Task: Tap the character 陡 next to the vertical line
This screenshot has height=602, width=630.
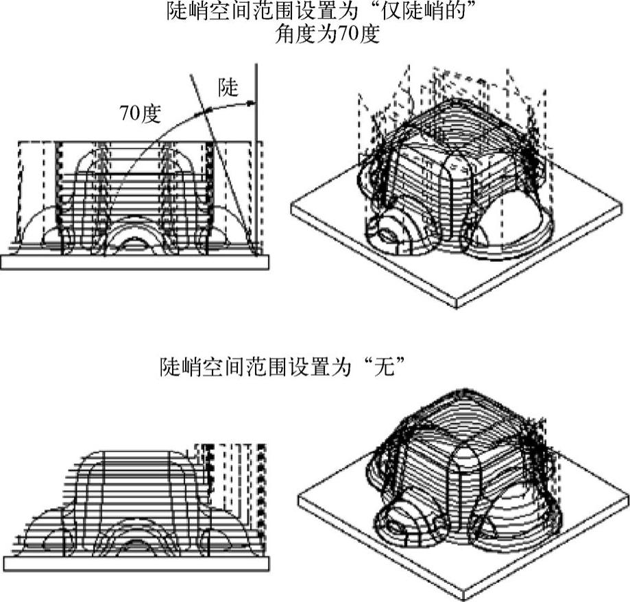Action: point(228,87)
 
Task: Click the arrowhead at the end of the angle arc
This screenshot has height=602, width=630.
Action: point(252,102)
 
